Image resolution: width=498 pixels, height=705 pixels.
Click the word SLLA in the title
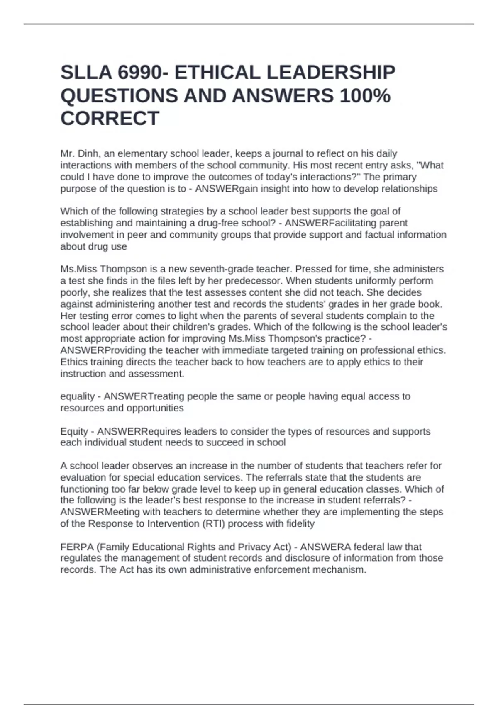86,73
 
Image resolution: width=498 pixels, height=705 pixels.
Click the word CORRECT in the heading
110,119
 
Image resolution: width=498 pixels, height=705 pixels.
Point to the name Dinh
88,154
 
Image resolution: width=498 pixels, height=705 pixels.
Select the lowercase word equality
77,396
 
